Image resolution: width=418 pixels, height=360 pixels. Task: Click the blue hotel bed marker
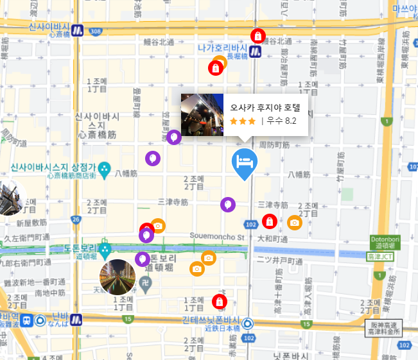click(x=245, y=162)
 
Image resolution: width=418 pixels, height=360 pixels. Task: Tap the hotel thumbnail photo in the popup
click(x=202, y=115)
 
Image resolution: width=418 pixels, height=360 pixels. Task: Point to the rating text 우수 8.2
click(x=282, y=121)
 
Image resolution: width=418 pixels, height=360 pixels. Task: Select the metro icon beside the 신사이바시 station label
click(x=77, y=30)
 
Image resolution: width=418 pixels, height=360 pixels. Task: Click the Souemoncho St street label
click(x=217, y=236)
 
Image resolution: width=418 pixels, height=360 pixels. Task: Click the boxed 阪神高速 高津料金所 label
click(x=385, y=329)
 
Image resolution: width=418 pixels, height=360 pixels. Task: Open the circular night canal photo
click(x=118, y=277)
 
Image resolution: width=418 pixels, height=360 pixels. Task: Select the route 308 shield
click(x=96, y=31)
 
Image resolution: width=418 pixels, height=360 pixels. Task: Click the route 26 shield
click(x=76, y=220)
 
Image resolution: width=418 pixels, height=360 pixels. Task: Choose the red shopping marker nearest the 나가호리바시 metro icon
click(x=257, y=36)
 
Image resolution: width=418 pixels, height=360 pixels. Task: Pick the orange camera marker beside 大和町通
click(x=294, y=222)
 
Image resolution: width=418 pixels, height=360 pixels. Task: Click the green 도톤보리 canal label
click(x=80, y=248)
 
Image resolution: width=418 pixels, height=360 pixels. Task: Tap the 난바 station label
click(x=60, y=318)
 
